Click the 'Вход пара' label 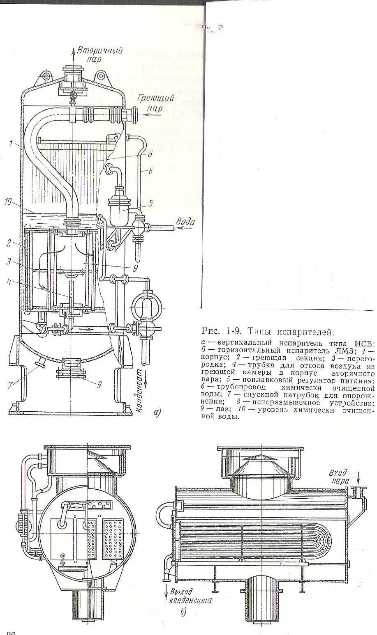342,477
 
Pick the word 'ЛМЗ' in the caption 358,350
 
